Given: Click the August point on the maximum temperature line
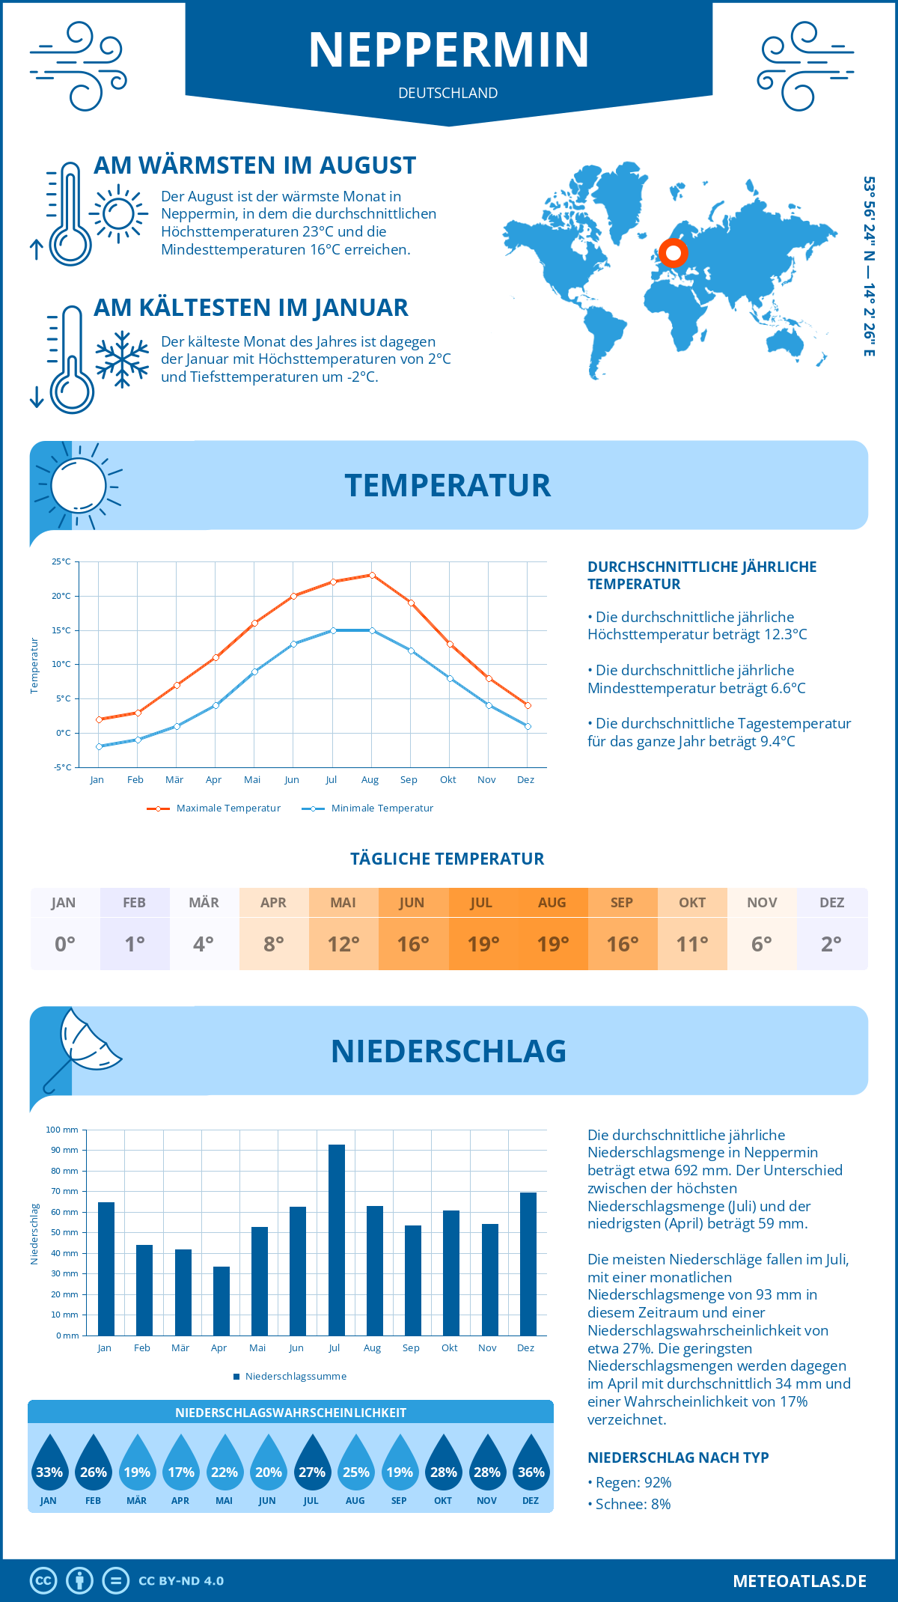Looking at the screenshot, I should coord(372,575).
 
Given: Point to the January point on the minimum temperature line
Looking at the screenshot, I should coord(99,746).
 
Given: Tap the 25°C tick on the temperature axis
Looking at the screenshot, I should coord(61,561).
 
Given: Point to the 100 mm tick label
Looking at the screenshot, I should coord(62,1130).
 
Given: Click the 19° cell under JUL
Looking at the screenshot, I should coord(483,944).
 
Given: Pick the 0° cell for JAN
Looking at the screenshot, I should coord(64,944).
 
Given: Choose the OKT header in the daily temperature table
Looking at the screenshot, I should coord(692,903).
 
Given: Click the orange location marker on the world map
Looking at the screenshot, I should coord(673,253).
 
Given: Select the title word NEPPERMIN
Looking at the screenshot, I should coord(449,50).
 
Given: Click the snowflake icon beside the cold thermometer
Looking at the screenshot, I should coord(122,359).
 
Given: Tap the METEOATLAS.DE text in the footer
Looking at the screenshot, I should coord(799,1581).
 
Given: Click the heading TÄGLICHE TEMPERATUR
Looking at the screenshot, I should coord(448,859).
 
